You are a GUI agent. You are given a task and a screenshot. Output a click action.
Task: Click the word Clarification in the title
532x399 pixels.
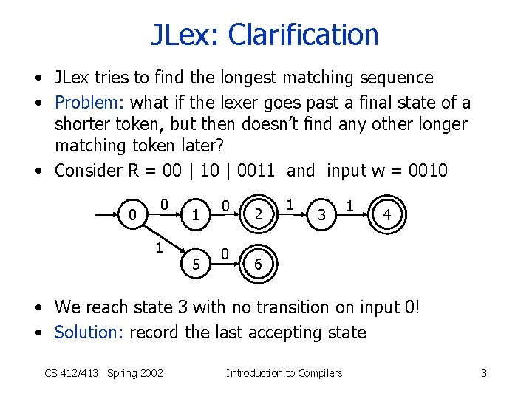coord(303,34)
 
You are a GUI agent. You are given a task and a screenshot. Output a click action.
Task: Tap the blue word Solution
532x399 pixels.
coord(86,332)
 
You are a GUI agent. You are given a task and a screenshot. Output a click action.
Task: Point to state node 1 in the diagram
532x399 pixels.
coord(196,215)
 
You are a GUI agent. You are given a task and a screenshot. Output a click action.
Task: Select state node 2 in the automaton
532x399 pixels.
coord(258,215)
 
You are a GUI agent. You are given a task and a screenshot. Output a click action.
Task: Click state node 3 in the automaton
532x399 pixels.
coord(321,215)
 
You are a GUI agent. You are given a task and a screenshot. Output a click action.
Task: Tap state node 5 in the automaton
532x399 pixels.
coord(196,263)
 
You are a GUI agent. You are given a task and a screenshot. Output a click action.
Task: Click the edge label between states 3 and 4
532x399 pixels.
coord(350,202)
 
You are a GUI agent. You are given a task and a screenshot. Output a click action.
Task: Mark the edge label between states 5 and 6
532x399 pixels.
coord(226,251)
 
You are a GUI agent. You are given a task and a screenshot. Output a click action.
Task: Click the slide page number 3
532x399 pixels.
coord(484,373)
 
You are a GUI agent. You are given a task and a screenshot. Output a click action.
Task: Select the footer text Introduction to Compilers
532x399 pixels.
coord(284,373)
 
